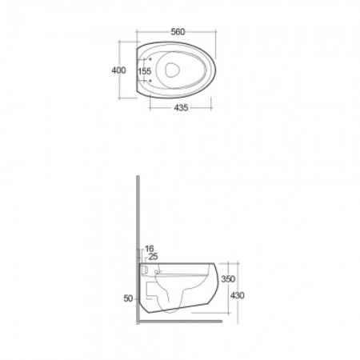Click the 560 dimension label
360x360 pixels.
click(178, 32)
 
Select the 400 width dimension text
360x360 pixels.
click(118, 70)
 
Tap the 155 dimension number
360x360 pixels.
click(145, 71)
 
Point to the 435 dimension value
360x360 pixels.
click(181, 108)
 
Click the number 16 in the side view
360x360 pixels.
click(150, 249)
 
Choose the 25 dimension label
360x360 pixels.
click(153, 257)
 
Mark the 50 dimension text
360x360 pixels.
click(128, 298)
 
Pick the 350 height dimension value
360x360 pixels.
click(228, 279)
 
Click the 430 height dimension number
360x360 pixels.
click(237, 296)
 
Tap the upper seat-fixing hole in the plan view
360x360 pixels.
click(150, 59)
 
